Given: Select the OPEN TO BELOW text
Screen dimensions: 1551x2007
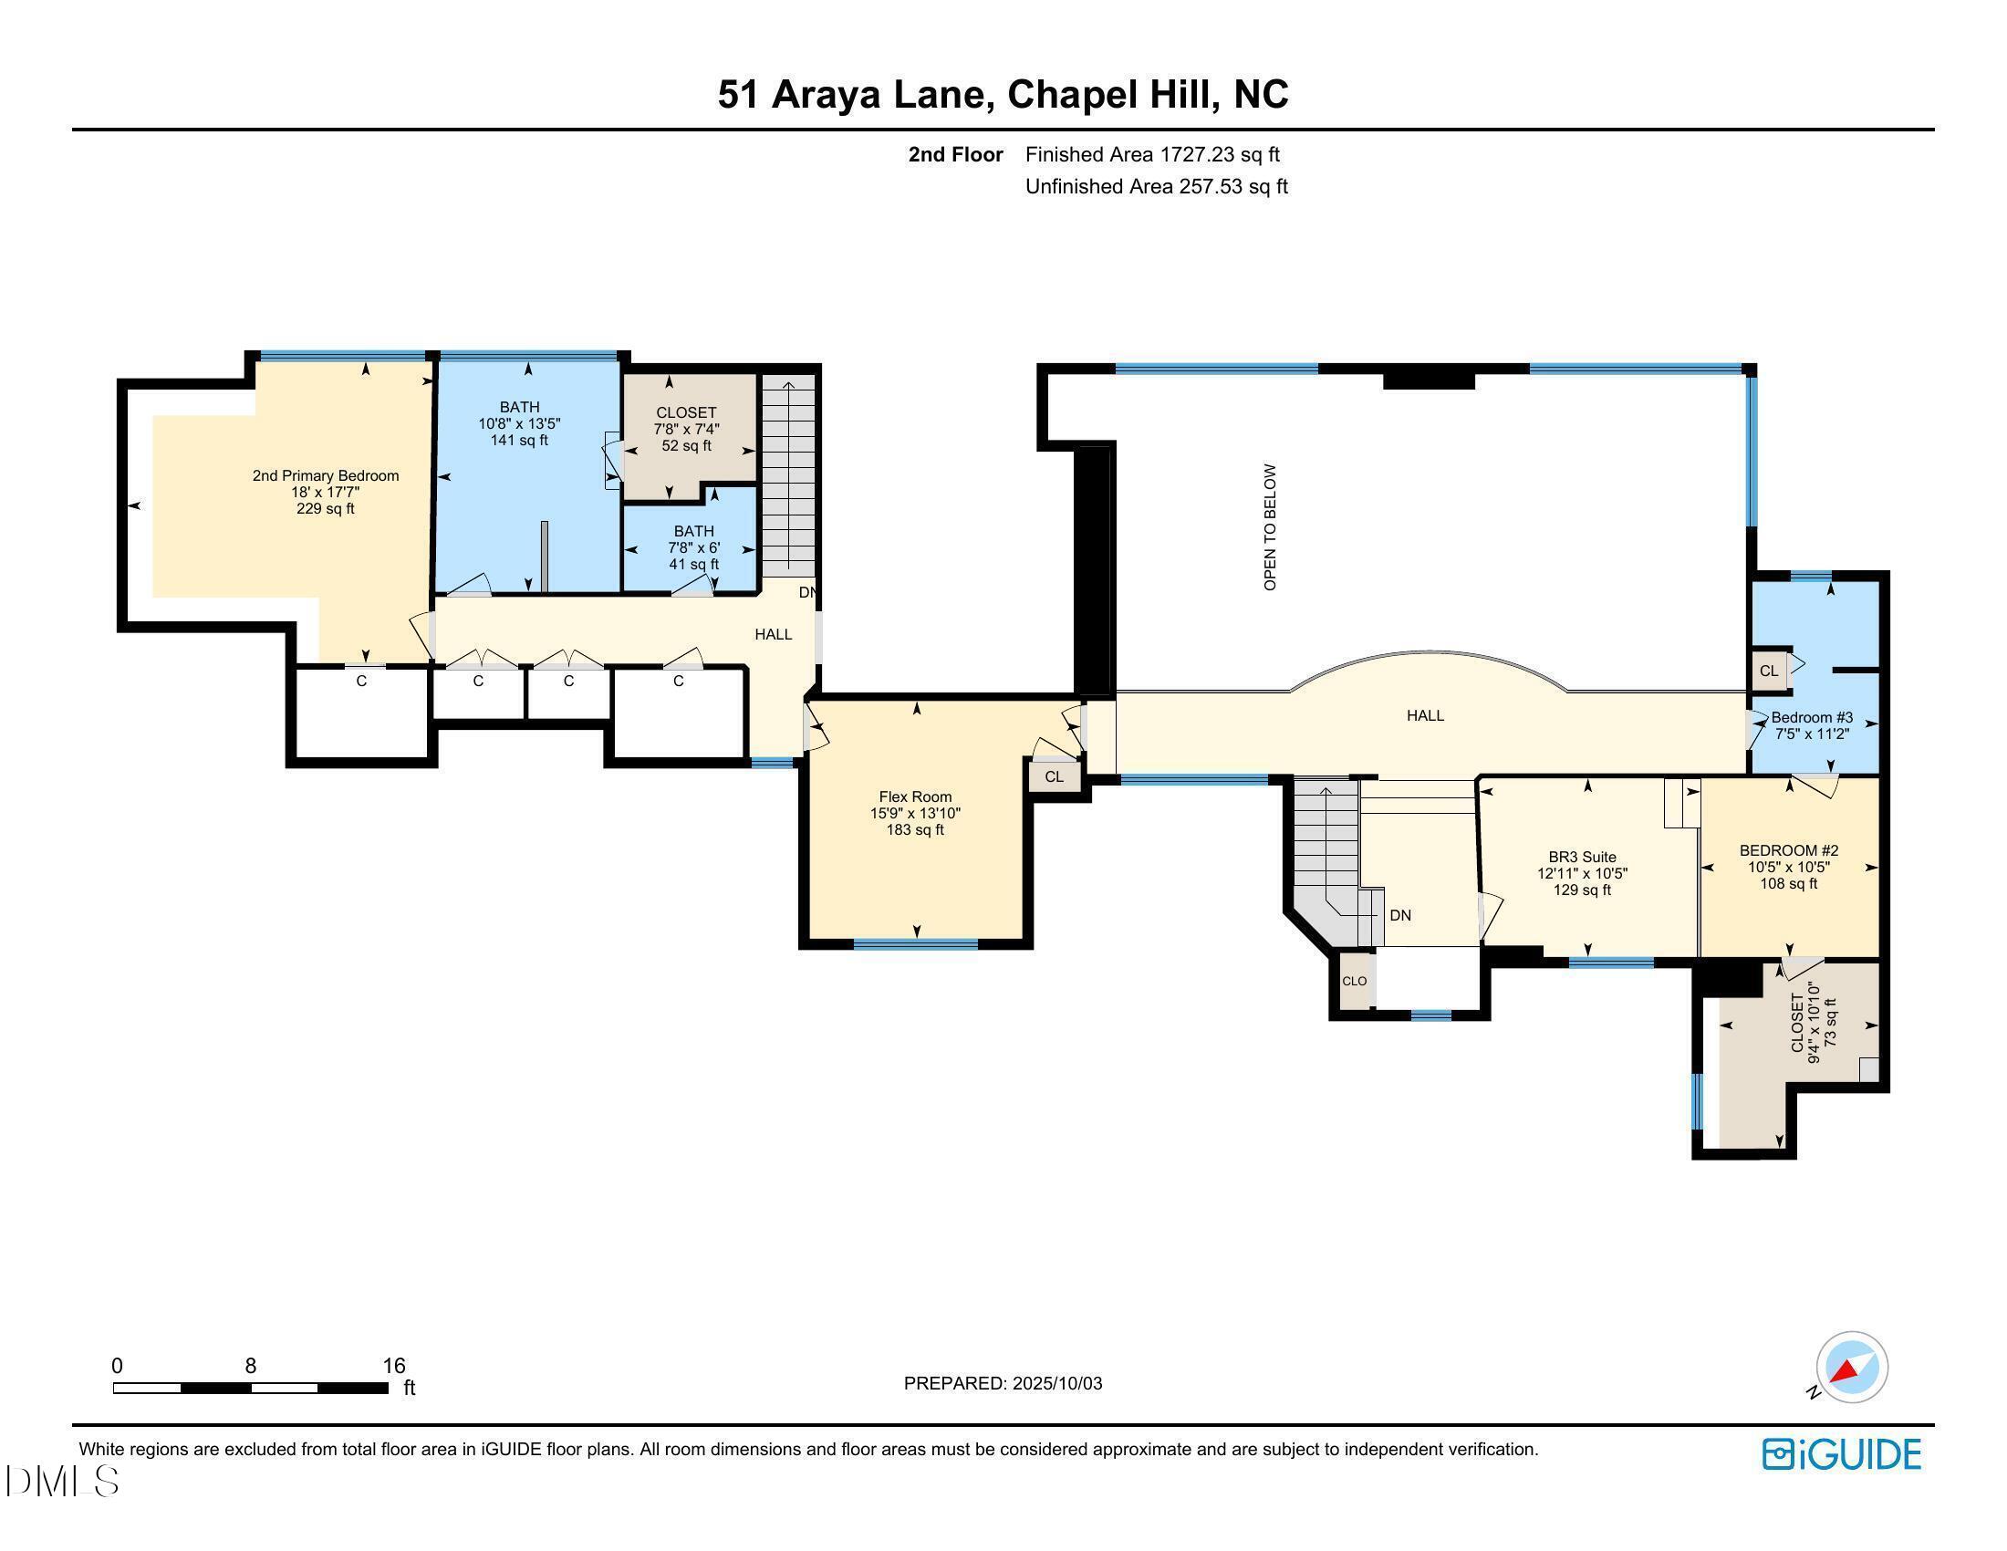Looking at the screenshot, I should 1271,527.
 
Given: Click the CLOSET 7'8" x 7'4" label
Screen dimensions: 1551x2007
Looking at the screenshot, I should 685,428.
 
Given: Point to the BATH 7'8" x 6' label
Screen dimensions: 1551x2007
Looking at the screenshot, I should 694,546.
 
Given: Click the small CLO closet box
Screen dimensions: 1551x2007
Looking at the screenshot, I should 1355,982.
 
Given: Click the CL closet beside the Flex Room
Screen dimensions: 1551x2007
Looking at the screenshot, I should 1054,776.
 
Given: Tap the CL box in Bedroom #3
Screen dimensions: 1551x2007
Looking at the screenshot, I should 1769,671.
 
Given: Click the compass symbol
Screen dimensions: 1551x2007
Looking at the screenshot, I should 1852,1368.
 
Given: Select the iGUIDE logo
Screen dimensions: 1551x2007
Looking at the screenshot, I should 1842,1454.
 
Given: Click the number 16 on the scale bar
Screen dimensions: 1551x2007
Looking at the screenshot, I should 394,1366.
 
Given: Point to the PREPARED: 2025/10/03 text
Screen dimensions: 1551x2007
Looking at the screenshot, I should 1003,1383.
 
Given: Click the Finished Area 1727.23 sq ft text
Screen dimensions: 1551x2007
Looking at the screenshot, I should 1152,154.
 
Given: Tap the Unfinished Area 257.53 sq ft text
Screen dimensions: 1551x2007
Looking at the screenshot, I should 1156,186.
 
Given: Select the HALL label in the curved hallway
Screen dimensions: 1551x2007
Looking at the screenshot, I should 1425,715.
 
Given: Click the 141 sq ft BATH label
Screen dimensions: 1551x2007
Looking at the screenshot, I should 519,422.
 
